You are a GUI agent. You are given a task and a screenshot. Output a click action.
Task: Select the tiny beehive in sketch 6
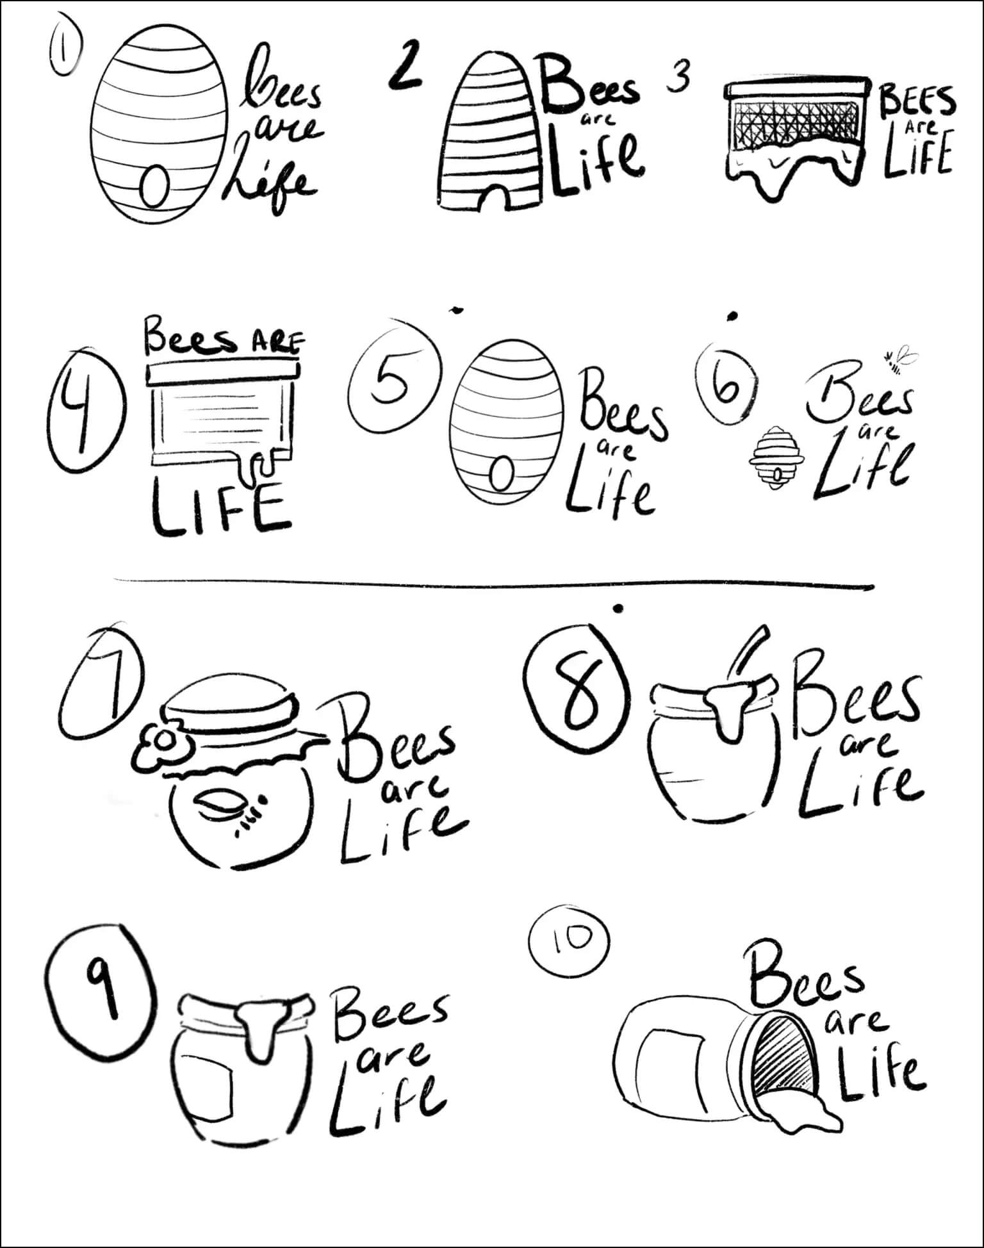click(x=776, y=457)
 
